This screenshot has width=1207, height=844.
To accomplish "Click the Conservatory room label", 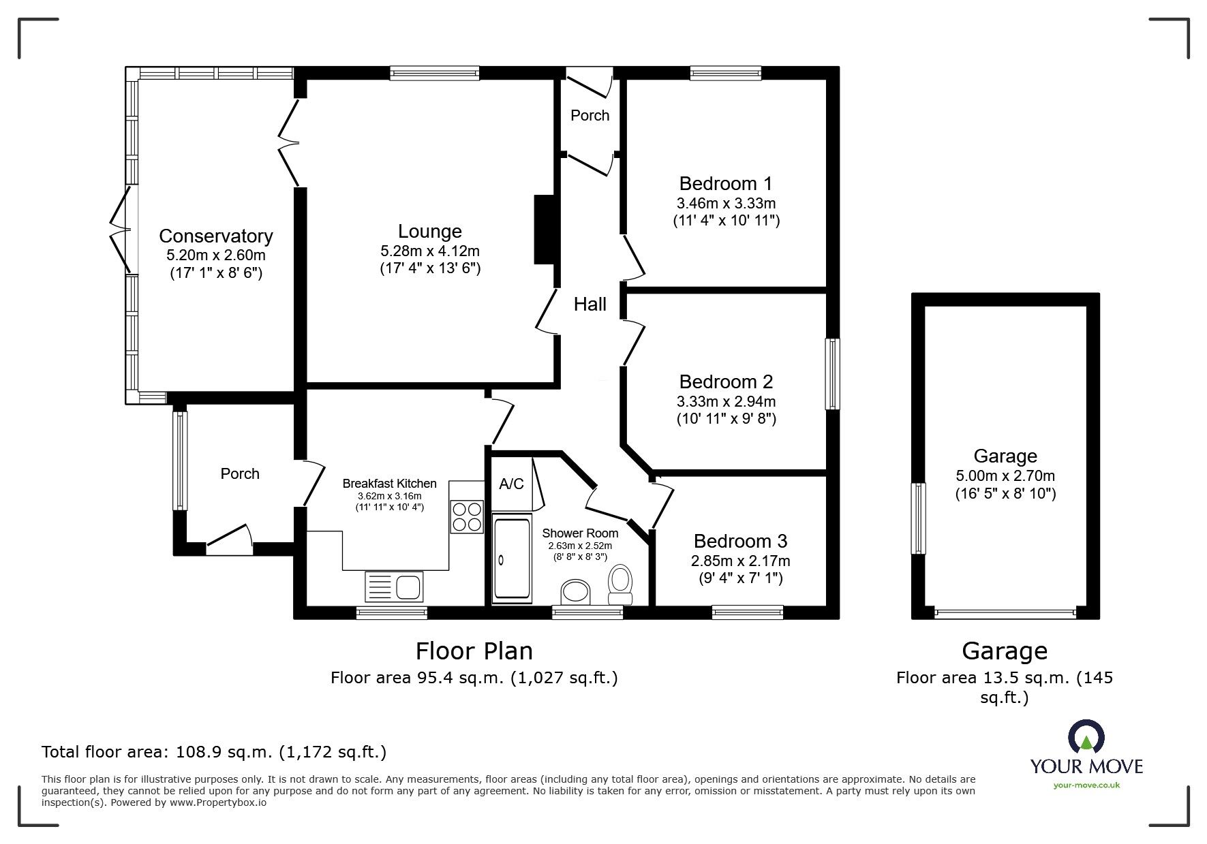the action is [215, 236].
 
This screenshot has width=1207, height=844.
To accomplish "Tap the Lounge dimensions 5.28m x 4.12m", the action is [430, 251].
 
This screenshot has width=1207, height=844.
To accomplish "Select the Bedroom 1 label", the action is [726, 183].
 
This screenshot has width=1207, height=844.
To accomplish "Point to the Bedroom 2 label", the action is [726, 381].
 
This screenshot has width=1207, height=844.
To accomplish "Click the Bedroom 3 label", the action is [740, 541].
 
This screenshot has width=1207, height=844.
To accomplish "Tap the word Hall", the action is [590, 304].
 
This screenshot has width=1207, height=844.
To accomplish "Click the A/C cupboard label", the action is [511, 484].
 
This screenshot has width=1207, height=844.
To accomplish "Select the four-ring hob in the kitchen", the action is [466, 516].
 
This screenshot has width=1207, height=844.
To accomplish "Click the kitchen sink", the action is [395, 586].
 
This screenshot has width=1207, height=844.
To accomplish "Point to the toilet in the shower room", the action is [621, 584].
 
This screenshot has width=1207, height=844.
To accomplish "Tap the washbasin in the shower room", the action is [576, 592].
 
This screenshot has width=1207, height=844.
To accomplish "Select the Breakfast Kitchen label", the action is [389, 484].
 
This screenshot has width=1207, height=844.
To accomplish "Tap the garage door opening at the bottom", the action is [1005, 613].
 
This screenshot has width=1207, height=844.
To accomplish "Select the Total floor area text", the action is [214, 752].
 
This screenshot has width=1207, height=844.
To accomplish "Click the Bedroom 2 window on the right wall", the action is [833, 374].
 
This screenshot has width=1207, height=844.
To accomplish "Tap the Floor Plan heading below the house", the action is [474, 651].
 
